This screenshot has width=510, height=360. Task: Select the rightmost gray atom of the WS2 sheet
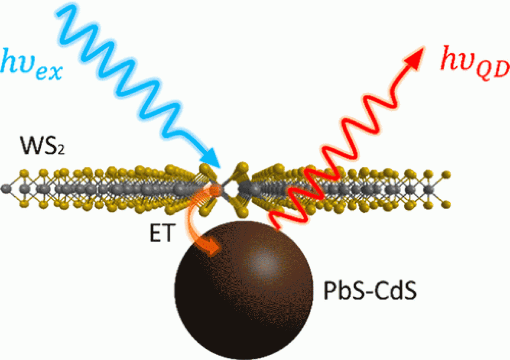click(430, 189)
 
